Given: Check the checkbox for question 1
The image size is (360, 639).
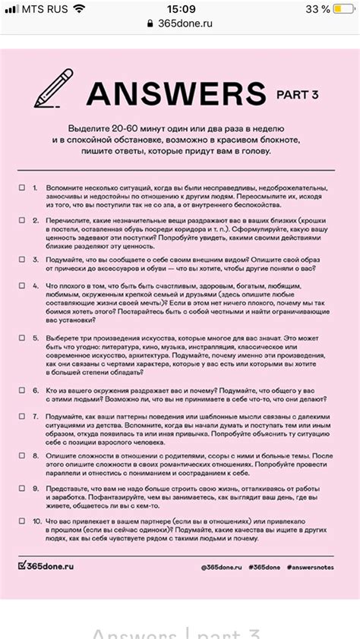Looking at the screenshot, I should pyautogui.click(x=22, y=187).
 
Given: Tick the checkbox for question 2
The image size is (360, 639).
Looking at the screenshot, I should pyautogui.click(x=22, y=219).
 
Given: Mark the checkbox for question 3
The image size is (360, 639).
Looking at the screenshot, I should pyautogui.click(x=22, y=259).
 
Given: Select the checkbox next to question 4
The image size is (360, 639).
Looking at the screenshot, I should pyautogui.click(x=22, y=285).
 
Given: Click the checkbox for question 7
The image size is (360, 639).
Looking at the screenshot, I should pyautogui.click(x=22, y=417).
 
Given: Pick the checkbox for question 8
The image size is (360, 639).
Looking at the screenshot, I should pyautogui.click(x=22, y=455).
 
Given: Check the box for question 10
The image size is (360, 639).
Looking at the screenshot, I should pyautogui.click(x=22, y=521).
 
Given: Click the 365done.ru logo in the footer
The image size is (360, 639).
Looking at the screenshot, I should pyautogui.click(x=46, y=566).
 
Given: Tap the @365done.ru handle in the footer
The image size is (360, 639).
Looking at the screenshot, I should pyautogui.click(x=221, y=567).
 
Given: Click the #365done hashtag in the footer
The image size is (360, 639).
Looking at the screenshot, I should pyautogui.click(x=265, y=567).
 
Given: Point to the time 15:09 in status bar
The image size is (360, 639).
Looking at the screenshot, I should pyautogui.click(x=180, y=8).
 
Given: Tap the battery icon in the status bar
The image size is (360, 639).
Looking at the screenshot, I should pyautogui.click(x=343, y=8).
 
